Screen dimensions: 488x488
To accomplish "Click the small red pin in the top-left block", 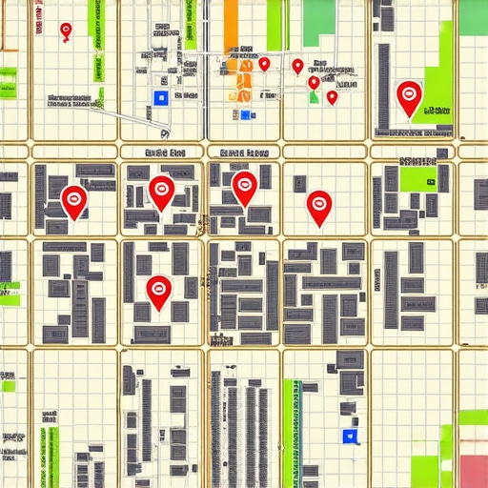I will pyautogui.click(x=65, y=31).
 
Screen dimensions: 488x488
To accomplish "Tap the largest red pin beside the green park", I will pyautogui.click(x=409, y=95).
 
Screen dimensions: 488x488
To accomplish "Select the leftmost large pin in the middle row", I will pyautogui.click(x=73, y=199).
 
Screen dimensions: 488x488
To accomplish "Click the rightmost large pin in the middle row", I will pyautogui.click(x=319, y=205).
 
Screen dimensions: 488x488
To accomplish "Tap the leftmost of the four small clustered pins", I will pyautogui.click(x=264, y=64).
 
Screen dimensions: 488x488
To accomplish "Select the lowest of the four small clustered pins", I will pyautogui.click(x=332, y=96).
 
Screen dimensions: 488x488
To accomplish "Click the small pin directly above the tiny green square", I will pyautogui.click(x=314, y=83).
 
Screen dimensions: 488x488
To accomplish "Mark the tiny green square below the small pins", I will pyautogui.click(x=314, y=97).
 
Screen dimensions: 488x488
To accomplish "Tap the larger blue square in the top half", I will pyautogui.click(x=160, y=97).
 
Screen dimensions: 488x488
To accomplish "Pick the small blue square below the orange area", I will pyautogui.click(x=245, y=115).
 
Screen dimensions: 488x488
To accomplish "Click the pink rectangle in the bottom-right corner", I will pyautogui.click(x=473, y=469).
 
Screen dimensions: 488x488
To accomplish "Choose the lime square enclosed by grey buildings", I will pyautogui.click(x=417, y=180).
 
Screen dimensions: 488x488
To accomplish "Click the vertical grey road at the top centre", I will pyautogui.click(x=205, y=57).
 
